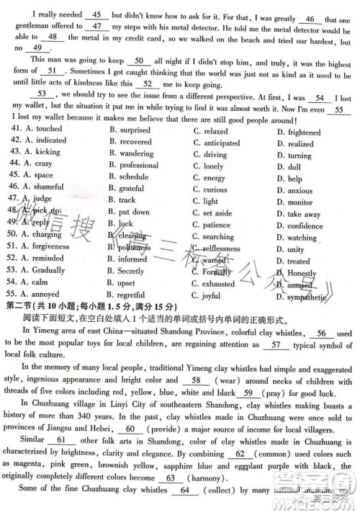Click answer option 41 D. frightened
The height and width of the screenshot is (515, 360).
click(299, 133)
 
